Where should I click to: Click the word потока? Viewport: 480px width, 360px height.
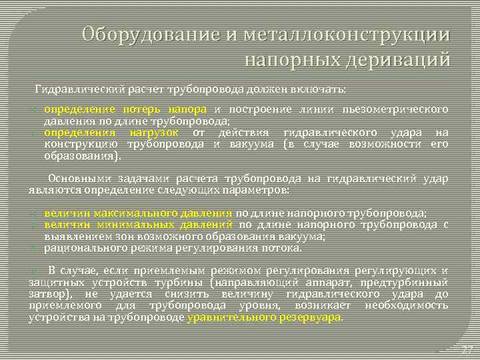coord(284,247)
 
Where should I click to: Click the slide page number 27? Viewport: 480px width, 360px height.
coord(467,349)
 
